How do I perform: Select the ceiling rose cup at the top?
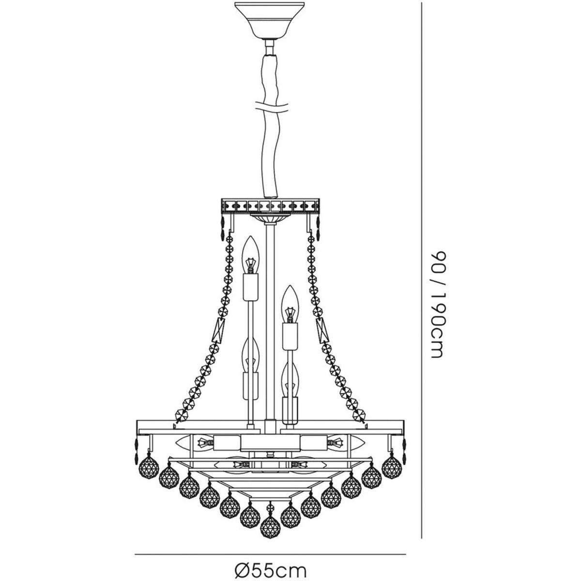coord(270,20)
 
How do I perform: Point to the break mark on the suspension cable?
coord(271,107)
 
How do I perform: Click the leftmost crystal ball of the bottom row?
coord(149,471)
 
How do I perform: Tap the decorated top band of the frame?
coord(270,206)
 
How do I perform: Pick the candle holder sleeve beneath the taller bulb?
coord(250,287)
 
